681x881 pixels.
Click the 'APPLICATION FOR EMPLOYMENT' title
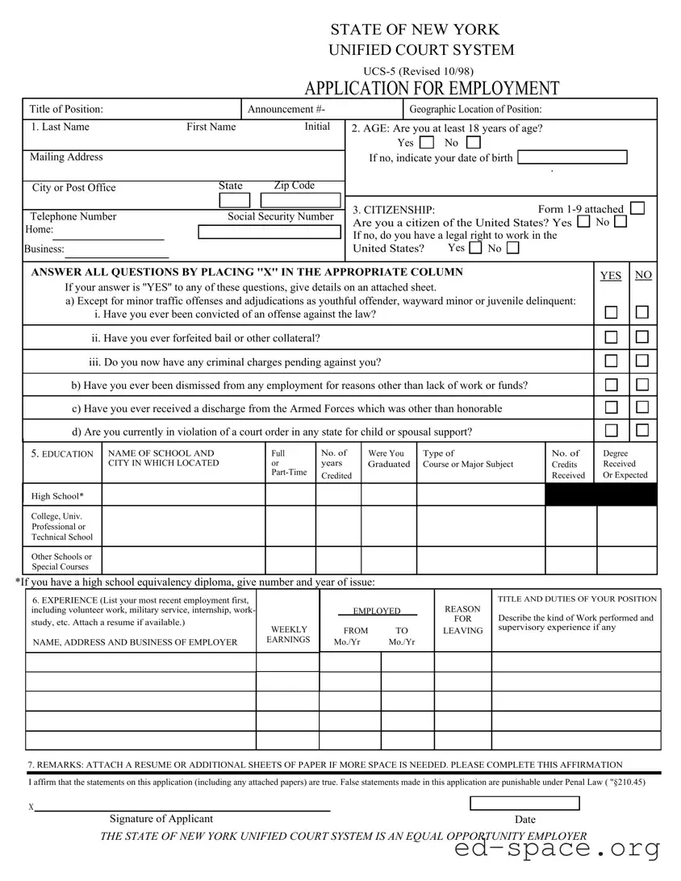[432, 89]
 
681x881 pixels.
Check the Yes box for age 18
[427, 142]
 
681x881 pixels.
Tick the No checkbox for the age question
[473, 142]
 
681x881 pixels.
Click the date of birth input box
[572, 157]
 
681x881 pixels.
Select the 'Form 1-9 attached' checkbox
[637, 208]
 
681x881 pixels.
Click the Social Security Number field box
[269, 232]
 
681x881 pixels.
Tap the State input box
[235, 201]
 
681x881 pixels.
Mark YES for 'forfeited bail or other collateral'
[612, 337]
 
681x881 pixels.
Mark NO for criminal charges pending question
[642, 361]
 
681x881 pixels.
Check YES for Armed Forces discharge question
[612, 407]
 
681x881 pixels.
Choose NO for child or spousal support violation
[642, 431]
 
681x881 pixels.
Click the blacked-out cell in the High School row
[601, 495]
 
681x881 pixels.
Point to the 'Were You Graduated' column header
[388, 459]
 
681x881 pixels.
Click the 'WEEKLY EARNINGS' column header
[288, 634]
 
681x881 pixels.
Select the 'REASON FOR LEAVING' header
[462, 620]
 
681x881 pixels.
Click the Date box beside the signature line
[524, 803]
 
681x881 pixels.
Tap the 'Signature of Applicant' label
[161, 819]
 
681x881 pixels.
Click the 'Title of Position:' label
[66, 110]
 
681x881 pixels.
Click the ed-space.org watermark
[557, 849]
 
